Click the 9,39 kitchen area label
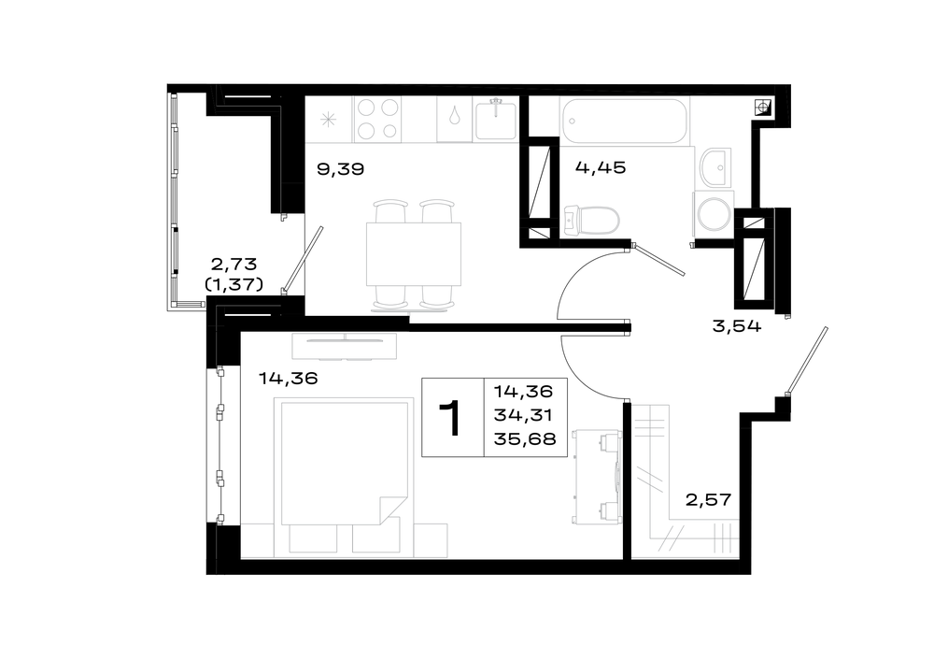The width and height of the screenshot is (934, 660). click(x=340, y=169)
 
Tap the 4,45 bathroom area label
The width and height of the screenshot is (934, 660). click(x=601, y=167)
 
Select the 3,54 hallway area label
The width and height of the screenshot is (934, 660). click(x=737, y=326)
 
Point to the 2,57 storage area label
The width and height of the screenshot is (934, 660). click(x=708, y=499)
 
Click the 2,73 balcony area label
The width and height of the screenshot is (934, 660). click(x=233, y=264)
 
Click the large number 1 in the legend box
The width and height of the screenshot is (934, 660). click(x=451, y=418)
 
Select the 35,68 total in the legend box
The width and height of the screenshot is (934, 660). click(x=525, y=439)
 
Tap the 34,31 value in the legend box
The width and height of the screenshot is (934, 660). click(x=523, y=416)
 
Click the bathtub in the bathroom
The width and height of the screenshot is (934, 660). click(x=624, y=121)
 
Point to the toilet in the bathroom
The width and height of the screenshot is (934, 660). click(x=591, y=220)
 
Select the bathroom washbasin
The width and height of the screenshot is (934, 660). click(x=715, y=167)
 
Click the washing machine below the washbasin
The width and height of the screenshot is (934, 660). click(x=713, y=213)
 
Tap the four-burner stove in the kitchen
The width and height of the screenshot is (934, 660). click(x=377, y=120)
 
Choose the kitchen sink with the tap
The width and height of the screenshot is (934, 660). click(x=495, y=120)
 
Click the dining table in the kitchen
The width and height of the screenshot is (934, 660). click(x=414, y=254)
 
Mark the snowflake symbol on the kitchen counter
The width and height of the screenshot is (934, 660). click(x=328, y=120)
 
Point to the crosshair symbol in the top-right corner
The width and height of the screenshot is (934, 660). click(x=762, y=108)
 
